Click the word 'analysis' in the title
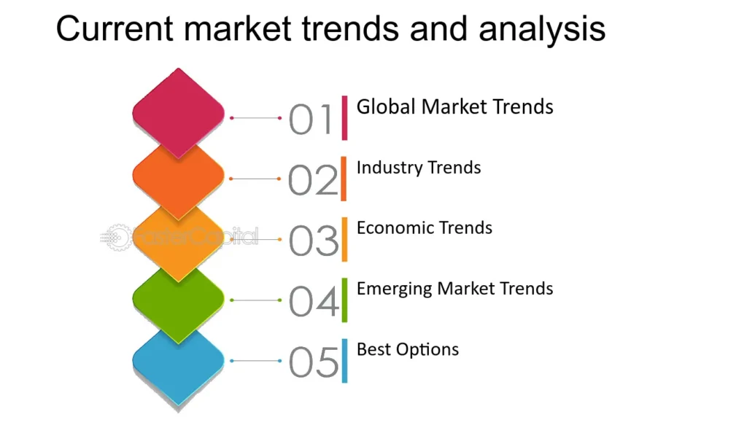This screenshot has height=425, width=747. pos(542,29)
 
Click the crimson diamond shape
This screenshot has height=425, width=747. pos(179,111)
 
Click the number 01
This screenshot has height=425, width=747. pos(311,120)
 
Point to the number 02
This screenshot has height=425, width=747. pos(313,180)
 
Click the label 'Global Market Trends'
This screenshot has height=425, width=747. pos(454,107)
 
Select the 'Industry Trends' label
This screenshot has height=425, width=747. pos(419,168)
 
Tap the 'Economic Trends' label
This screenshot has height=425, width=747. pos(425,228)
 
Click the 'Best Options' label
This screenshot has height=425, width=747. pos(408,349)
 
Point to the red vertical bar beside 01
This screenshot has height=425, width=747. pos(345,117)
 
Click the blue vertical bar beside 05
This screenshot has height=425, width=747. pos(345,361)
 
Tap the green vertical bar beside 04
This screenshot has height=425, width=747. pos(345,300)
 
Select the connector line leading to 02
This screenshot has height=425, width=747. pos(255,179)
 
